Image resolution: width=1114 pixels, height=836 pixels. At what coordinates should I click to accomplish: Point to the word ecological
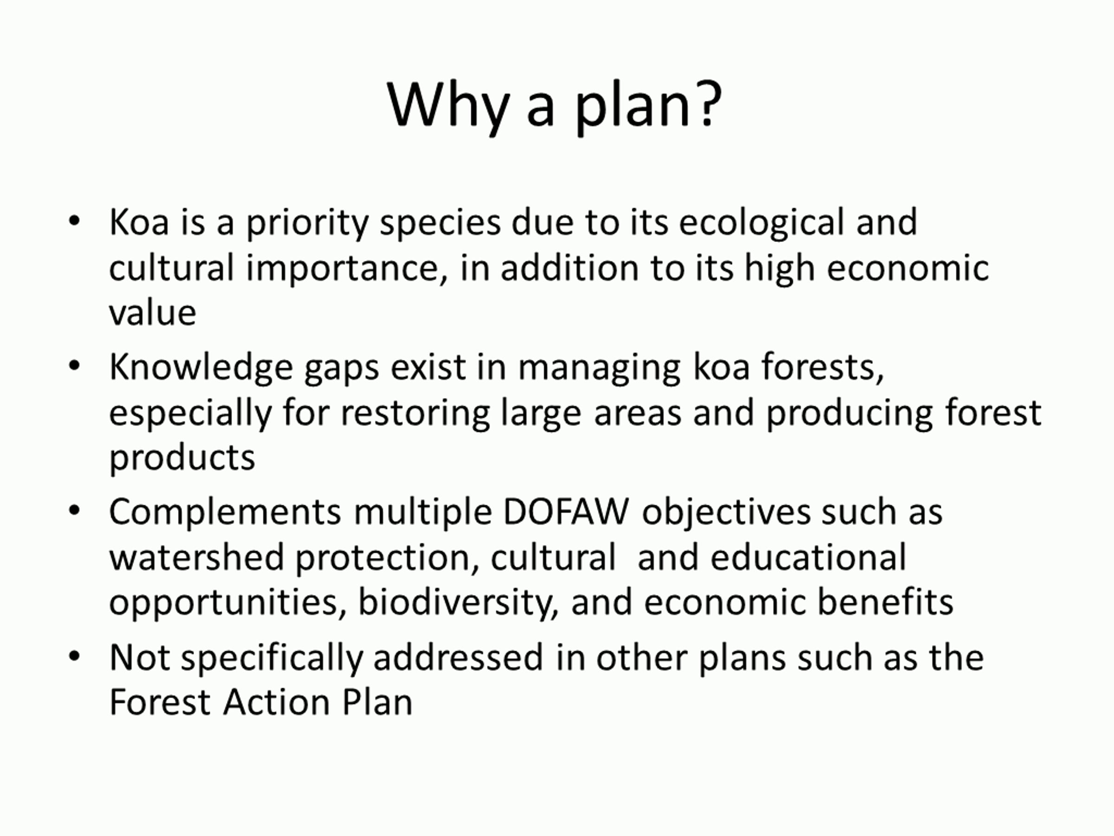click(762, 223)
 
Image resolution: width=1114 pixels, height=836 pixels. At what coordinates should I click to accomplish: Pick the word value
click(153, 313)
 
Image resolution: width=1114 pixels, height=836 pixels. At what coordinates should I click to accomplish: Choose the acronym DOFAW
click(566, 512)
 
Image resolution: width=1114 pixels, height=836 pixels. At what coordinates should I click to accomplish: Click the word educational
click(808, 558)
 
